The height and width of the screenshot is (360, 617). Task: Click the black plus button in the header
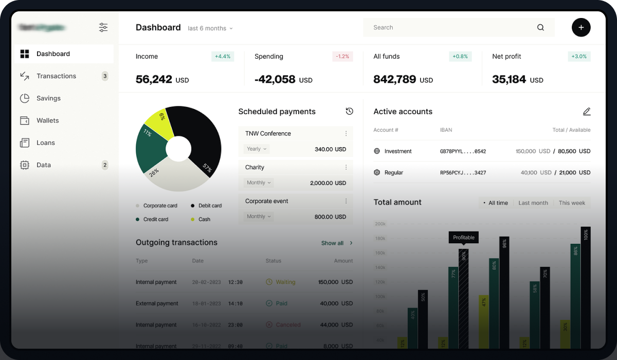click(581, 27)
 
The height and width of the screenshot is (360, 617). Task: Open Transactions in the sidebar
click(56, 76)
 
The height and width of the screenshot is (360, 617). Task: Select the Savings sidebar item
click(48, 98)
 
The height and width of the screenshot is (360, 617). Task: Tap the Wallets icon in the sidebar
click(24, 120)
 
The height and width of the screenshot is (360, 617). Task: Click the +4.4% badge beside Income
click(223, 57)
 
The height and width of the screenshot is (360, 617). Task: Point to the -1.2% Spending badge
click(342, 57)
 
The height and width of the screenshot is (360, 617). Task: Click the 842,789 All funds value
click(395, 79)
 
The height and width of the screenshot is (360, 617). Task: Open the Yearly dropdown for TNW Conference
click(257, 149)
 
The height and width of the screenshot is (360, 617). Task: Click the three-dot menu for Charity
click(346, 167)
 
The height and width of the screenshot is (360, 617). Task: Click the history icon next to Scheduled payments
click(350, 112)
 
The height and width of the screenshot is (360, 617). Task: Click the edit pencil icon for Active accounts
click(587, 112)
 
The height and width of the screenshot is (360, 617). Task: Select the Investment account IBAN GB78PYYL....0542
click(463, 152)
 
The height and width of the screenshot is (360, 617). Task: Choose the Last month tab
click(533, 203)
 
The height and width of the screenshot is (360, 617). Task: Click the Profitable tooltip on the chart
click(464, 238)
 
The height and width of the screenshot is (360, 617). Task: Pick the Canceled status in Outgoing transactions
click(288, 325)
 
